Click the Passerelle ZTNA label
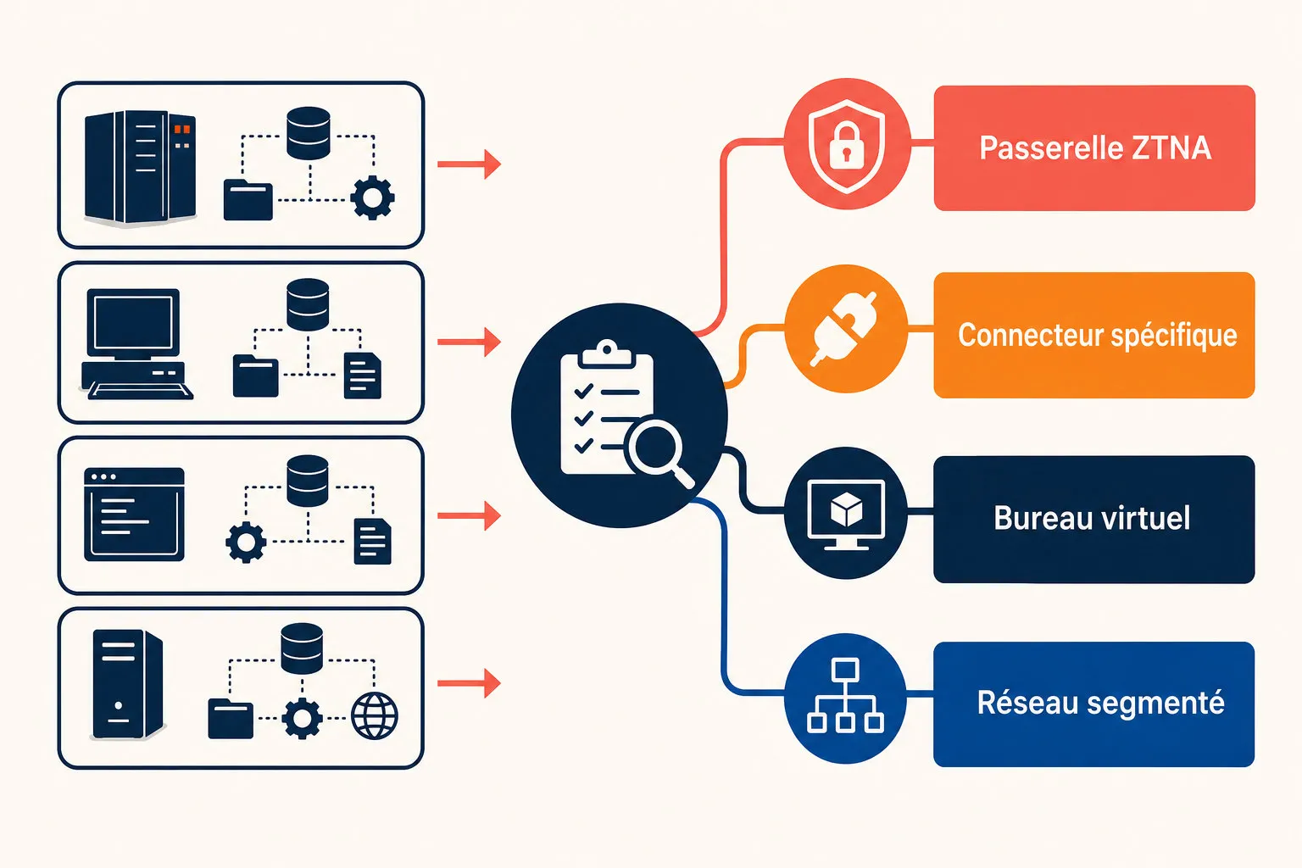pyautogui.click(x=1095, y=147)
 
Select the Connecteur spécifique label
pyautogui.click(x=1098, y=336)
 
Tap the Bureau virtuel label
pyautogui.click(x=1092, y=518)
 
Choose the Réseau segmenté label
pyautogui.click(x=1101, y=703)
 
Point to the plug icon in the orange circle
pyautogui.click(x=844, y=330)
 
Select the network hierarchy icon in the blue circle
pyautogui.click(x=845, y=695)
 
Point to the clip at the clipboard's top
pyautogui.click(x=607, y=353)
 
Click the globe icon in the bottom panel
pyautogui.click(x=375, y=715)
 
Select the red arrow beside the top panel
pyautogui.click(x=469, y=164)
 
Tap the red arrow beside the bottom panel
pyautogui.click(x=469, y=683)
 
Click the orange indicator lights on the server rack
pyautogui.click(x=182, y=136)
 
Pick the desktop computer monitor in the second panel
pyautogui.click(x=132, y=323)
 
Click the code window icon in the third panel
pyautogui.click(x=134, y=515)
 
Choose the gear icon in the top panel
pyautogui.click(x=373, y=198)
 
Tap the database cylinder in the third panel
pyautogui.click(x=308, y=481)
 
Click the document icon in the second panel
pyautogui.click(x=363, y=376)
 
